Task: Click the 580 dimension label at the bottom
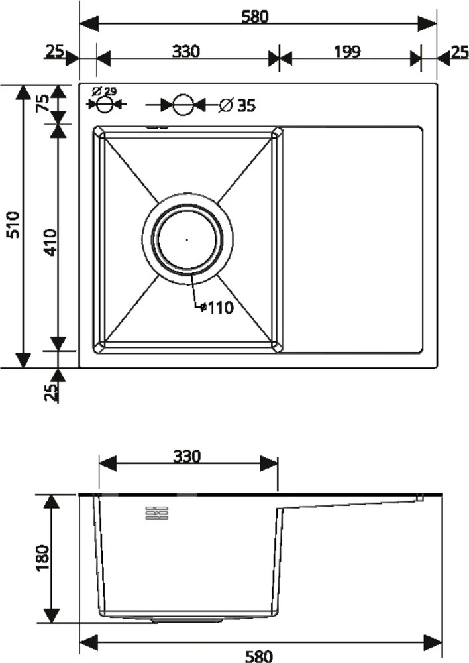(x=258, y=656)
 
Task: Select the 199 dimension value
(x=347, y=52)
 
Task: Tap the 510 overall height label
(x=14, y=225)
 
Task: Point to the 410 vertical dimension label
(x=50, y=242)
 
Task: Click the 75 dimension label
(x=44, y=103)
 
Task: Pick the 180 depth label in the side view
(x=42, y=558)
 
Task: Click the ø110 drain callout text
(x=217, y=308)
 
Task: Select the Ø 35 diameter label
(x=237, y=105)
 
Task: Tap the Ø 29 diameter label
(x=104, y=91)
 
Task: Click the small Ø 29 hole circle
(x=105, y=103)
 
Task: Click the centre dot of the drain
(x=187, y=239)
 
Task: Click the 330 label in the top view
(x=186, y=51)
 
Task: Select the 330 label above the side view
(x=187, y=456)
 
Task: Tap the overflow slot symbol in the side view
(x=157, y=513)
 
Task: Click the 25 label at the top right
(x=460, y=52)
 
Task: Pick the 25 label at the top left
(x=54, y=52)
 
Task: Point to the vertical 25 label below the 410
(x=50, y=392)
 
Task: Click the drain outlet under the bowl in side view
(x=187, y=619)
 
